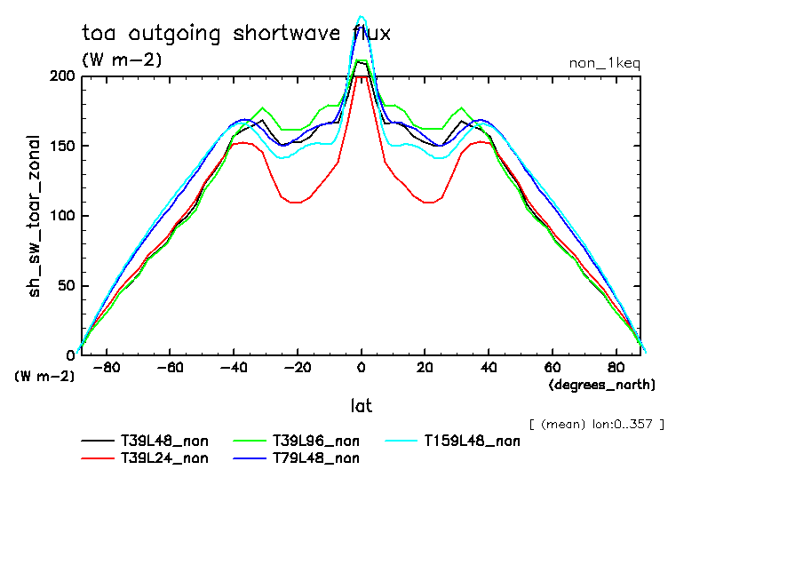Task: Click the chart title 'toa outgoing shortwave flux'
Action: [235, 34]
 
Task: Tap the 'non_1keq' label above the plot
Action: [604, 64]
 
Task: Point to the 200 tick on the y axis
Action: [63, 76]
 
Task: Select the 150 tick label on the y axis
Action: [63, 146]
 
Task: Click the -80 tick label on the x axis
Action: [107, 367]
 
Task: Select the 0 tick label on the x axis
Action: [361, 367]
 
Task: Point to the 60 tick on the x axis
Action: [552, 367]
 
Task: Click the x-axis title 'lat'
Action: [361, 406]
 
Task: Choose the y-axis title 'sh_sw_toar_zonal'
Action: [35, 216]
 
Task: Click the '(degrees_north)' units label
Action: [601, 385]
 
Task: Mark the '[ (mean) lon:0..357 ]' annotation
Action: [595, 424]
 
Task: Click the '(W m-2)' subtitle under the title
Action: [122, 60]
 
